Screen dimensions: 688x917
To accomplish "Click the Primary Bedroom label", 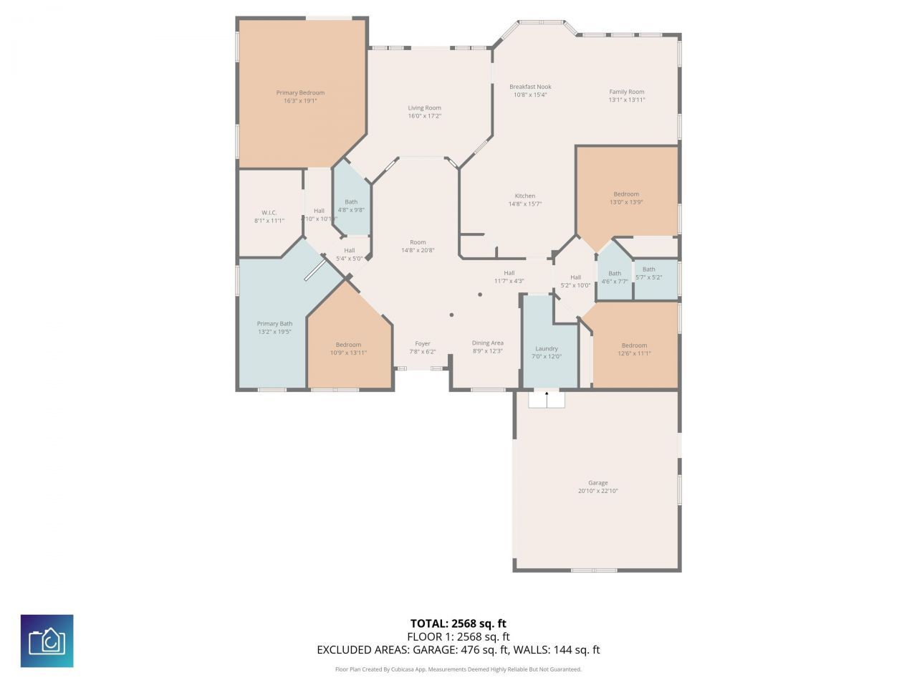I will click(300, 92).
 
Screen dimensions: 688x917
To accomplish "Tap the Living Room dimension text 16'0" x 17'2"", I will click(424, 116).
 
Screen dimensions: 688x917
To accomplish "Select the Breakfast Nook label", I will click(530, 87).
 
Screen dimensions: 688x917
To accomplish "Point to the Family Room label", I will click(626, 92).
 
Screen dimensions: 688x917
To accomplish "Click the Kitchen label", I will click(524, 196).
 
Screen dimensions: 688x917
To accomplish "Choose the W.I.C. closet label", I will click(269, 213).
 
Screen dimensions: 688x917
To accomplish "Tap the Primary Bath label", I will click(274, 324).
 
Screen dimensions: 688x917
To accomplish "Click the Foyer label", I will click(423, 344).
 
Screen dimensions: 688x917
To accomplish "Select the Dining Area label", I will click(487, 343).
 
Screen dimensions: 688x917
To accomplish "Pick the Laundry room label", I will click(547, 349).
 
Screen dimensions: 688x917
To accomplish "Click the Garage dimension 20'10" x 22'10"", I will click(597, 491).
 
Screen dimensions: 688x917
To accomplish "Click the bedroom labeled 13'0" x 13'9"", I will click(625, 198).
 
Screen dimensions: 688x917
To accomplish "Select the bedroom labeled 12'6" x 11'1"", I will click(634, 349).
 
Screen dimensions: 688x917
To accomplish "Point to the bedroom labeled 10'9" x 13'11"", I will click(348, 348).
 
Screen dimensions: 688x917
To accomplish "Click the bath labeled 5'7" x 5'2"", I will click(648, 273).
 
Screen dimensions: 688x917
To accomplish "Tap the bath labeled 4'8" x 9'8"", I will click(351, 206).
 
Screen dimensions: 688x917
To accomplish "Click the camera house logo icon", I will click(47, 641).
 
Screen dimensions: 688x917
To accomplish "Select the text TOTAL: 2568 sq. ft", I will click(458, 623).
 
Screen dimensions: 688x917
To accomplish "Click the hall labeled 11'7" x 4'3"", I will click(509, 277).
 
